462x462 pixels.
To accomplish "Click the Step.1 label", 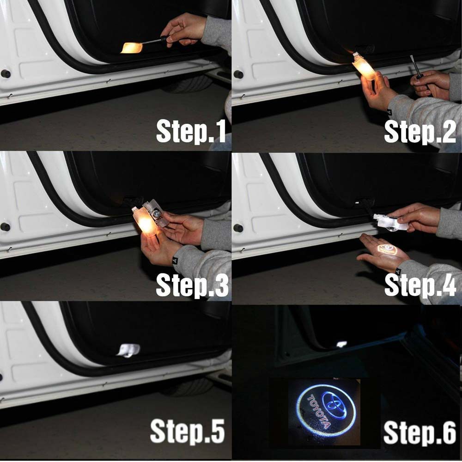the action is [191, 131].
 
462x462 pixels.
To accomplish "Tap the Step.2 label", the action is [420, 132].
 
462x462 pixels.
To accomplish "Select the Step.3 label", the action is [192, 285].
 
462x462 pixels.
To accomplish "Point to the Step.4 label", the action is [420, 285].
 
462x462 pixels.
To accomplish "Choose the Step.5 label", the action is [188, 431].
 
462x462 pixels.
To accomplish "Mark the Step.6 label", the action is [419, 432].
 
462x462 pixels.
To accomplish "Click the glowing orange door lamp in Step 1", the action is [131, 48].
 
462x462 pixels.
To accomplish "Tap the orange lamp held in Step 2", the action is [364, 67].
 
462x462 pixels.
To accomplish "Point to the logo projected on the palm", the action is [386, 250].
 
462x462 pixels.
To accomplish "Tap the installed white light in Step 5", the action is [128, 350].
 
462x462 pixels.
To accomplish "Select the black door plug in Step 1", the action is [6, 73].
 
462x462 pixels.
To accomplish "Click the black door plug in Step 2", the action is [238, 74].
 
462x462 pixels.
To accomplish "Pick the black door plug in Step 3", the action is [5, 227].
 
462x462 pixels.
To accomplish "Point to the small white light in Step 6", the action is [342, 344].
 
